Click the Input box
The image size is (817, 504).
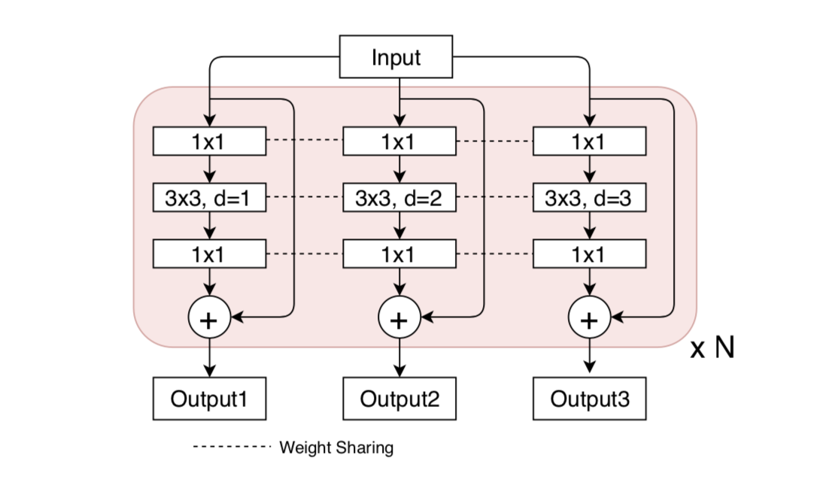(396, 57)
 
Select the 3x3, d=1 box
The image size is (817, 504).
(209, 199)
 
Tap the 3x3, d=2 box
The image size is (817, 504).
(399, 199)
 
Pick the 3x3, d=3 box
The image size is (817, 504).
(589, 199)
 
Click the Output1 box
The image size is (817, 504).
(209, 399)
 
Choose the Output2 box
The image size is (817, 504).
(399, 399)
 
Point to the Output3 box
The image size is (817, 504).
(589, 399)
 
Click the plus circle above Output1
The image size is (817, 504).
(209, 319)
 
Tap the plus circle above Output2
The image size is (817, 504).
(399, 319)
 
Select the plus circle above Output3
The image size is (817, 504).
(589, 319)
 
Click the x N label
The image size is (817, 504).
(712, 348)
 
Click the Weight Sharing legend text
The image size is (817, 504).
(336, 448)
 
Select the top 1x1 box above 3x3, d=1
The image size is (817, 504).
(209, 141)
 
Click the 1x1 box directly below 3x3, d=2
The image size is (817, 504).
(399, 255)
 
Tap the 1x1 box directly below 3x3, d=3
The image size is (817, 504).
(589, 255)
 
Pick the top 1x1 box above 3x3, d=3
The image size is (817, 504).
(589, 141)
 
